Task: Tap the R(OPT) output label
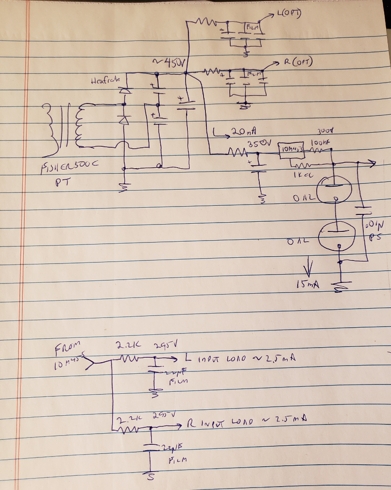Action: point(297,62)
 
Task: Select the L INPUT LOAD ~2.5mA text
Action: point(239,359)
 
